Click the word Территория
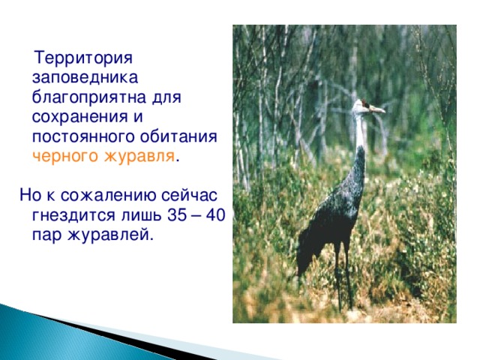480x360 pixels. (84, 58)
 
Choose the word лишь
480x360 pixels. (139, 216)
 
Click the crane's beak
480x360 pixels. (378, 110)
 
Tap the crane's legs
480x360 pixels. (343, 277)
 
